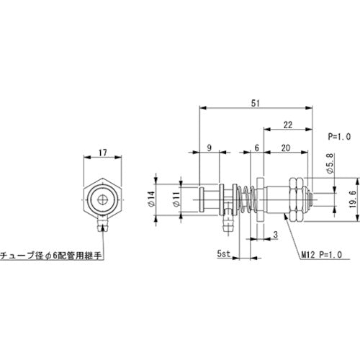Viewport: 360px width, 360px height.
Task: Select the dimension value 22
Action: coord(287,125)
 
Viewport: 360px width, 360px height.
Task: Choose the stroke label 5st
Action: coord(224,254)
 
